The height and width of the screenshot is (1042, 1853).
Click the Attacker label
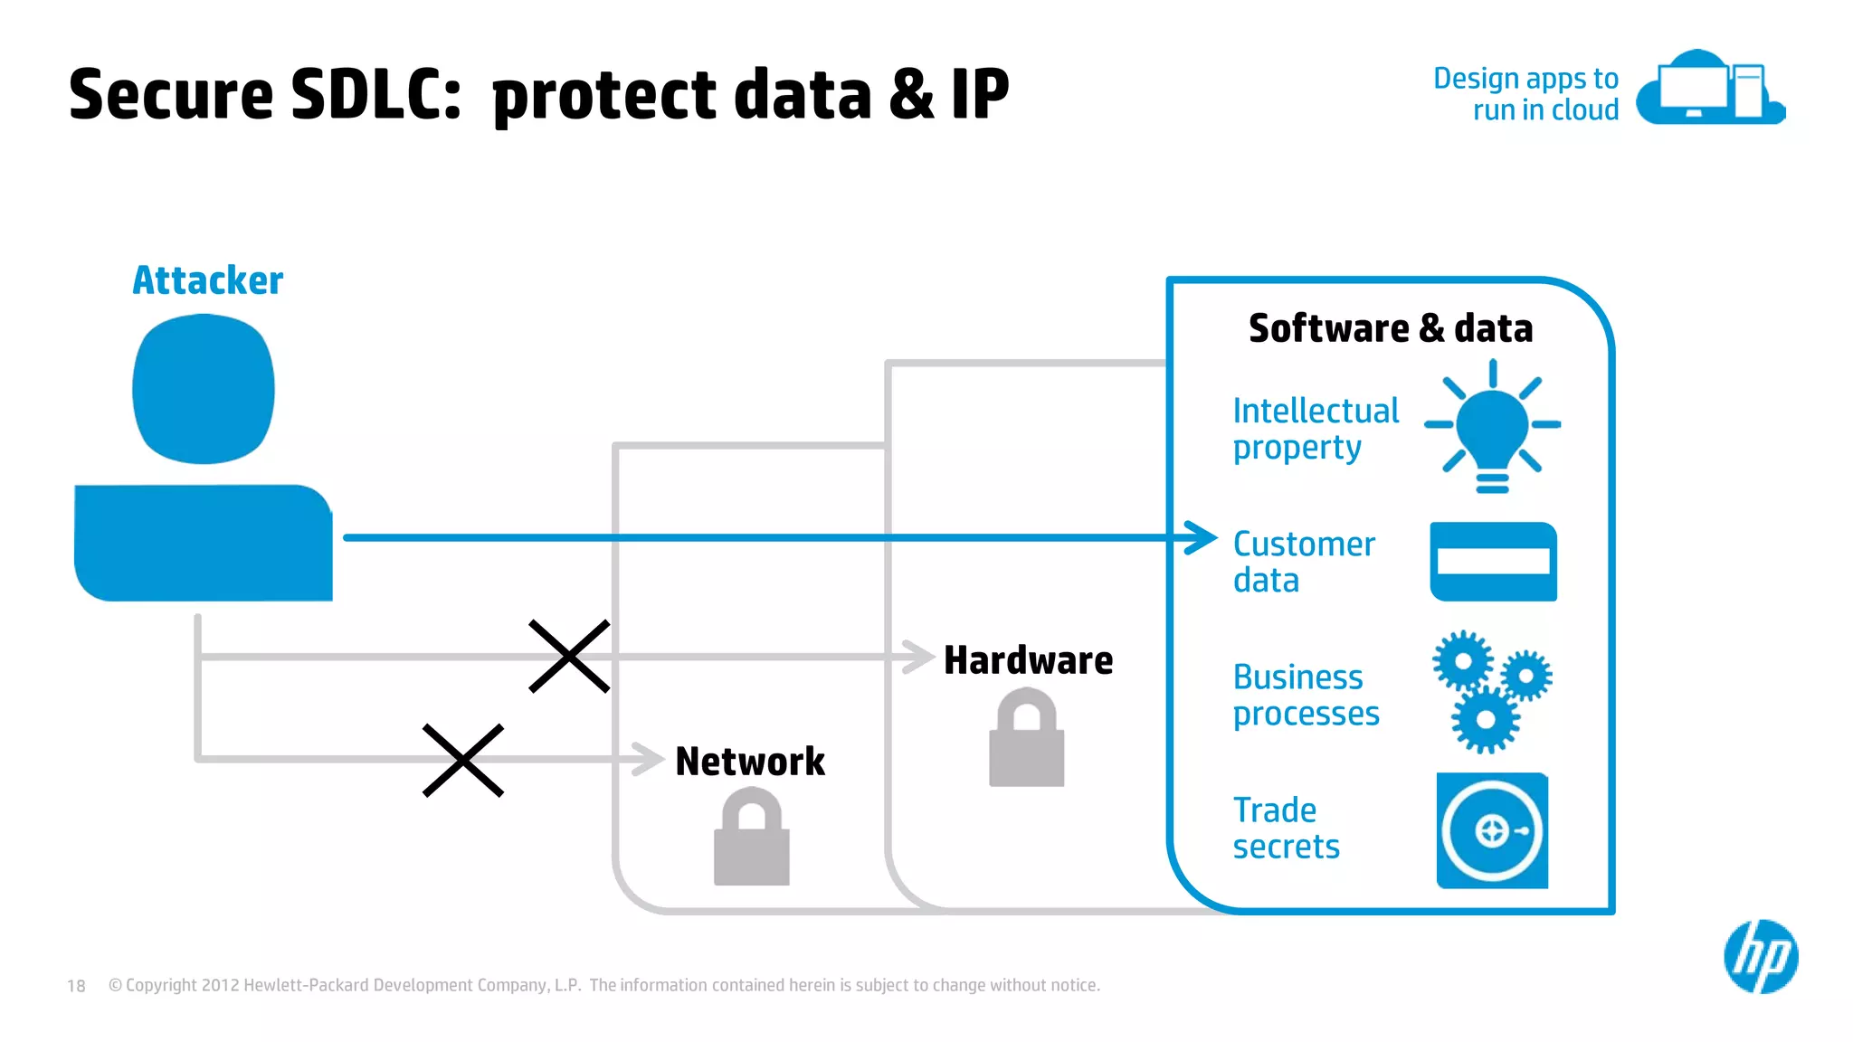click(x=207, y=280)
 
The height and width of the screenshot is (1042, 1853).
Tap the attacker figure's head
click(x=204, y=389)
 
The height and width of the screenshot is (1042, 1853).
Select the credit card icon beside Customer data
click(x=1493, y=561)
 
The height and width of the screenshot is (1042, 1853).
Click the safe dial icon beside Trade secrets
click(x=1492, y=830)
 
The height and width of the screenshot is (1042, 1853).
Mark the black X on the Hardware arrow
click(x=569, y=657)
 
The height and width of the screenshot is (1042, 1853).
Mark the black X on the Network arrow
click(x=463, y=760)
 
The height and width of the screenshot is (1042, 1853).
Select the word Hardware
click(x=1028, y=660)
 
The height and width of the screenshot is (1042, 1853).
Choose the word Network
click(x=750, y=762)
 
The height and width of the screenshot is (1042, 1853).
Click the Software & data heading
click(x=1390, y=328)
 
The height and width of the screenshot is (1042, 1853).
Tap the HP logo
click(x=1761, y=957)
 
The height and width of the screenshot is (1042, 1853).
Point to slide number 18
click(x=76, y=986)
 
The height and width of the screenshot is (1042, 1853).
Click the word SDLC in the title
click(x=375, y=95)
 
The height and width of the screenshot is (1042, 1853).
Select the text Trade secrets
click(x=1285, y=829)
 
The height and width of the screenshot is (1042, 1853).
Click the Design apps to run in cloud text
click(x=1526, y=94)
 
